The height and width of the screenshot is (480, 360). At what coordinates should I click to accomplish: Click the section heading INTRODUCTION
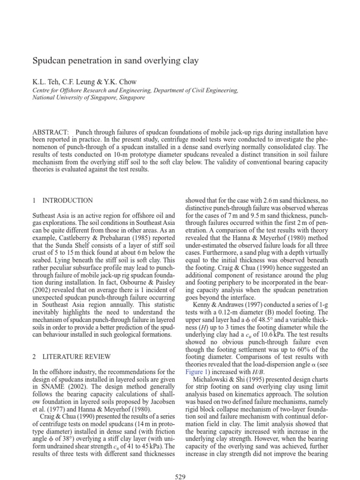click(67, 200)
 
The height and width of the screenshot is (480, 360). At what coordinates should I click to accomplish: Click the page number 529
click(180, 477)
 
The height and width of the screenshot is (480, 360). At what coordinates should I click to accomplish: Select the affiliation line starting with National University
click(89, 97)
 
